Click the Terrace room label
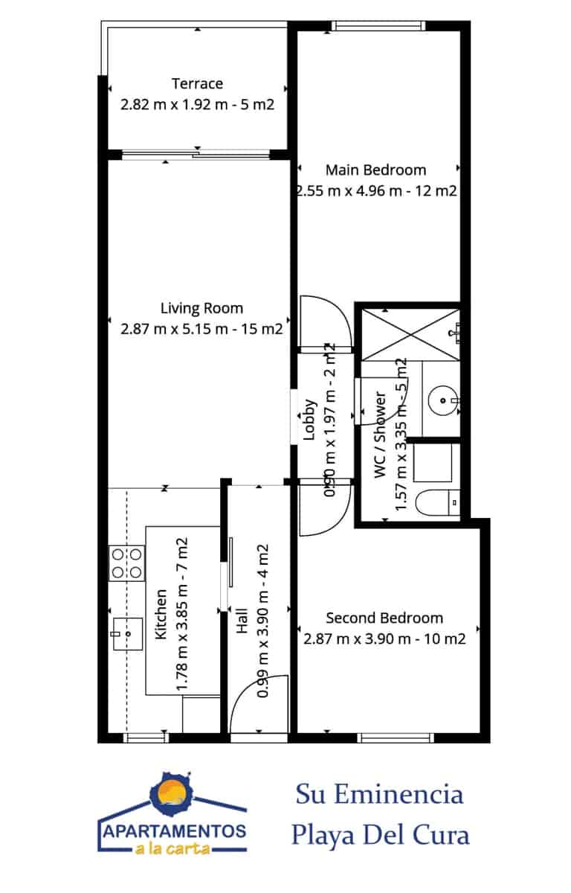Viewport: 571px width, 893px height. (197, 83)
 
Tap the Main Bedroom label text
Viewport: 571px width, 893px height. (376, 170)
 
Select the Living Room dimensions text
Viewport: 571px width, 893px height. (201, 328)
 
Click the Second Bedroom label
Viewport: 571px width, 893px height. (384, 618)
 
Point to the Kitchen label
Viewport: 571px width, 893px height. (161, 615)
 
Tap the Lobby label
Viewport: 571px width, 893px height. (309, 420)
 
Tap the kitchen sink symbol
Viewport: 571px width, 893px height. (127, 634)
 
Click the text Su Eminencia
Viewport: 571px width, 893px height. (379, 794)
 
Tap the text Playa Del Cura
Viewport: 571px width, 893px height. (380, 835)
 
